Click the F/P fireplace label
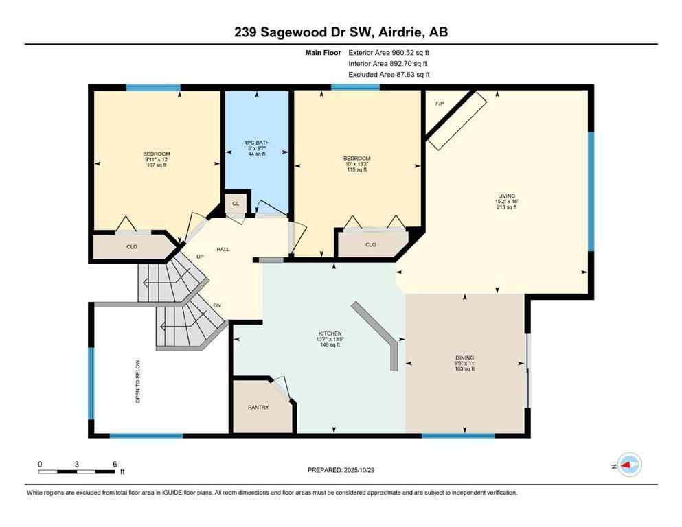coord(440,104)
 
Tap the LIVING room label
coord(507,196)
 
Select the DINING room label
coord(465,358)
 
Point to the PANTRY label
coord(258,407)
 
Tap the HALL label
coord(223,249)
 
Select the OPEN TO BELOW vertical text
coord(138,381)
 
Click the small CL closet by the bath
coord(236,204)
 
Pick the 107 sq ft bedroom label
coord(157,159)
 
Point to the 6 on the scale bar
coord(115,464)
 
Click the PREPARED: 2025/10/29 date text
coord(341,470)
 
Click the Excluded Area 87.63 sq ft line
coord(389,75)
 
